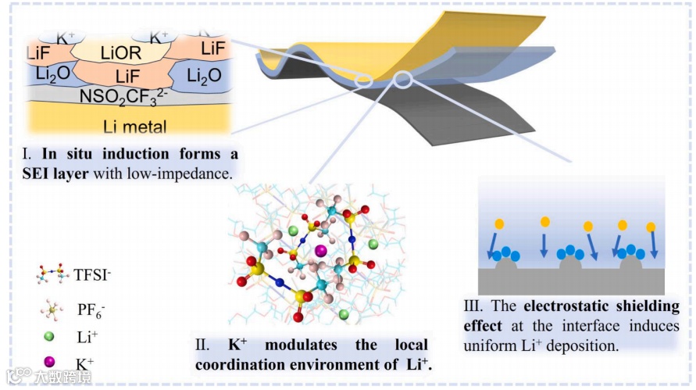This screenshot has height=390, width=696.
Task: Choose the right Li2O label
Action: coord(208,76)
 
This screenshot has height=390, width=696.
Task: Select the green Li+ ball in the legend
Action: coord(49,338)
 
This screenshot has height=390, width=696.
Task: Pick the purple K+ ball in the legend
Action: coord(49,363)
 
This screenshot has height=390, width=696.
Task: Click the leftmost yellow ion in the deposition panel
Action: coord(499,224)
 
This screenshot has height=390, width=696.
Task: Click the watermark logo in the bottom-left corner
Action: coord(17,377)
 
